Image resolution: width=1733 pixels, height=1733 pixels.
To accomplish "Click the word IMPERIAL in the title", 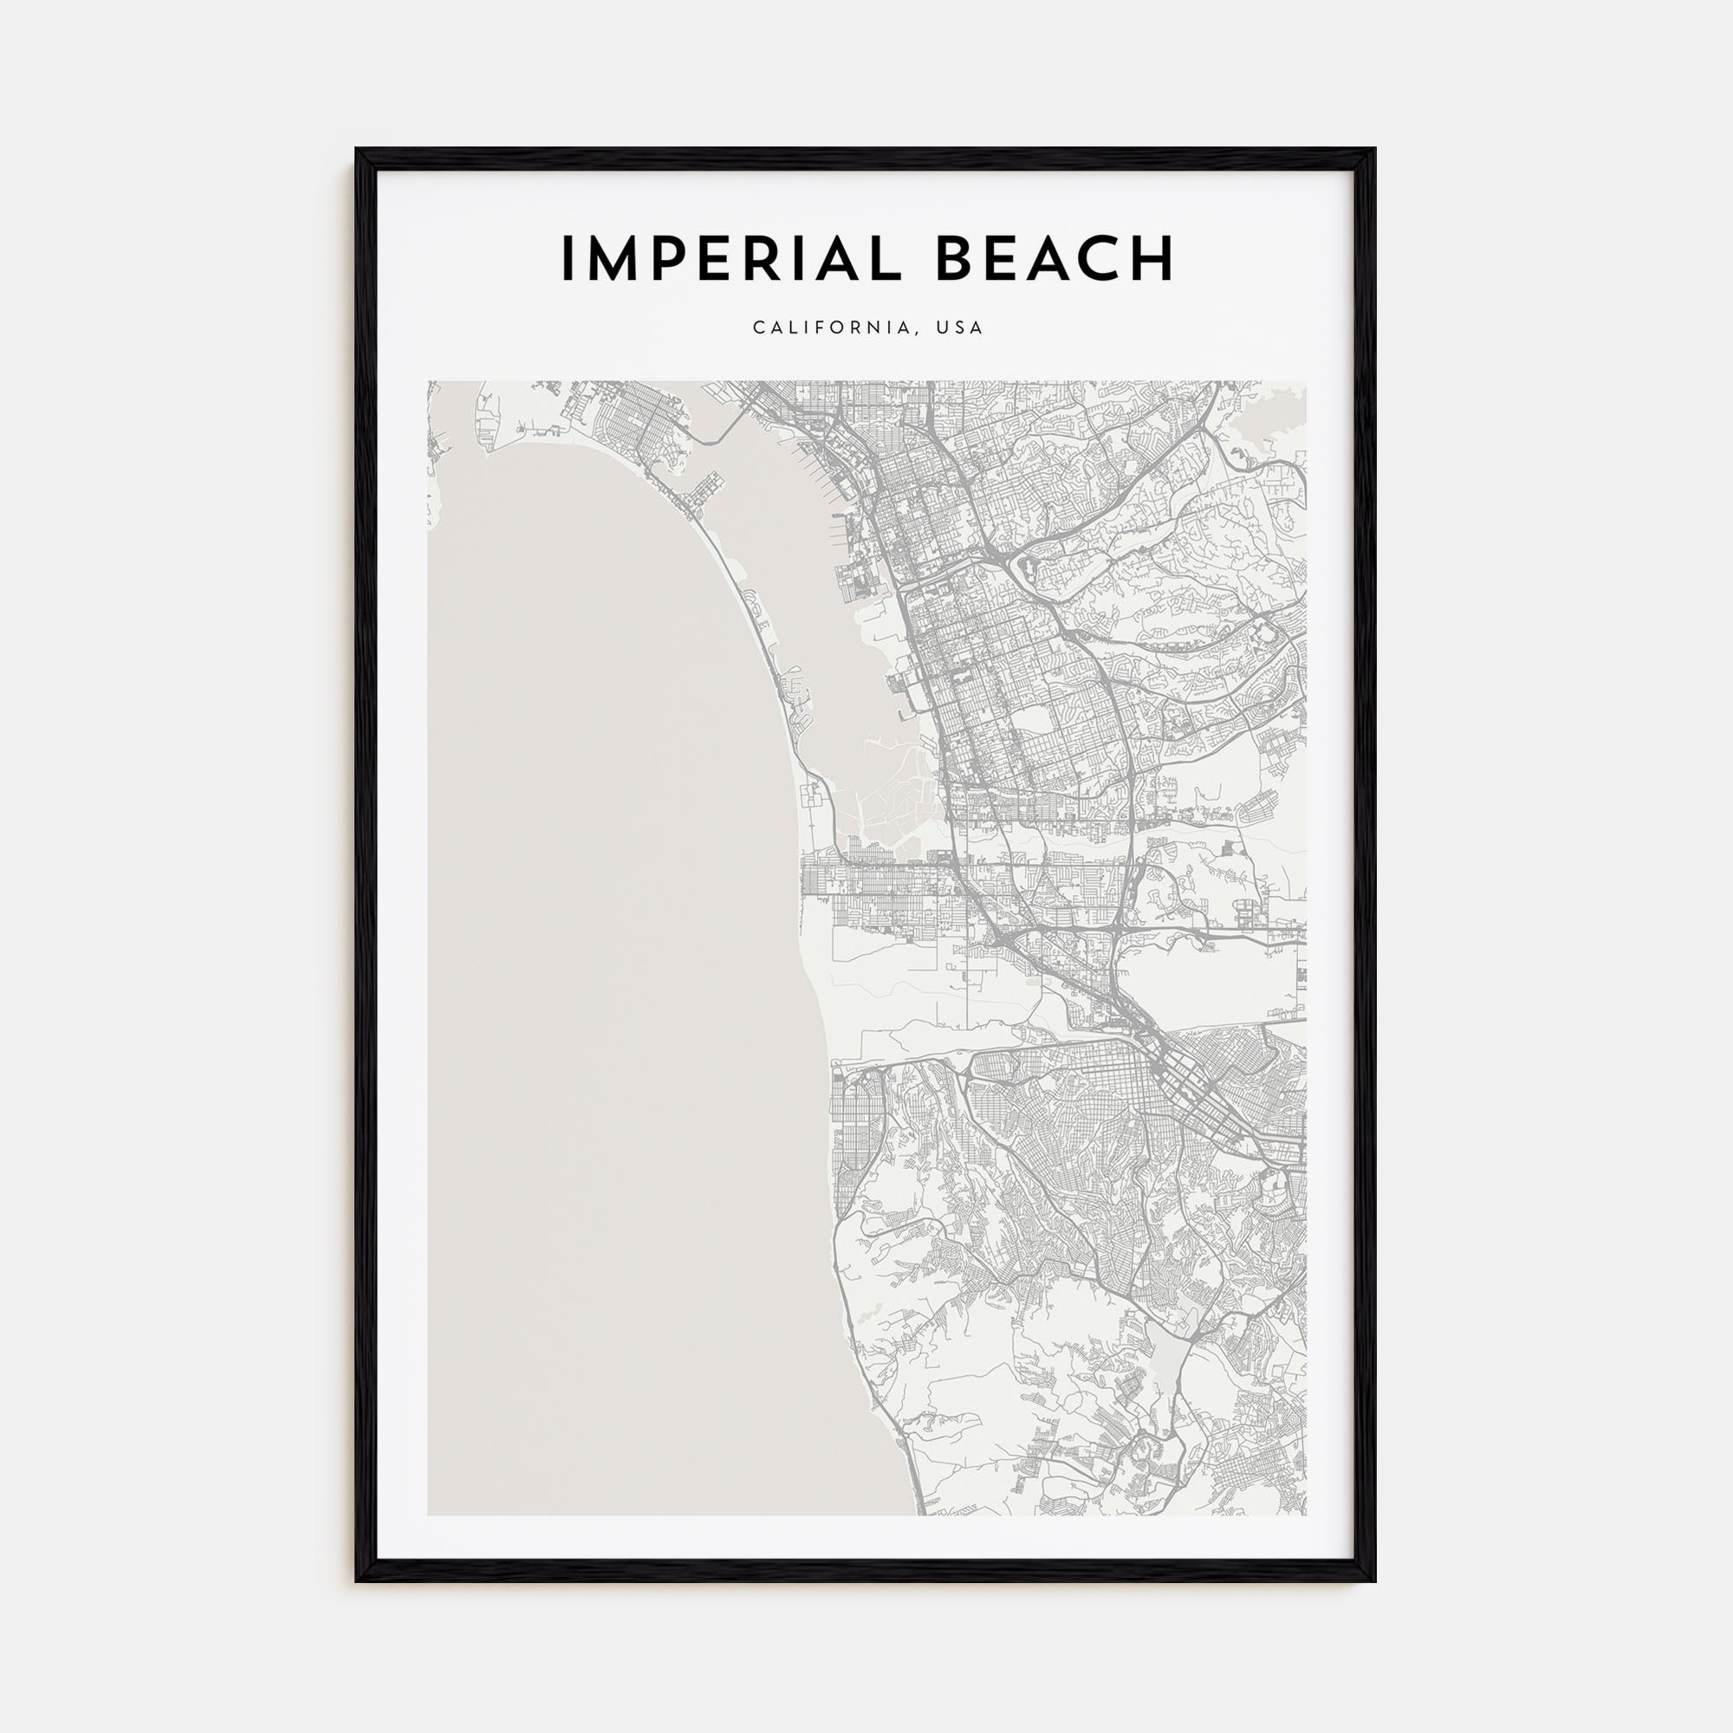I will click(724, 259).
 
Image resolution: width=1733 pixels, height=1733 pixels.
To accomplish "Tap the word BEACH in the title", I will click(1055, 259).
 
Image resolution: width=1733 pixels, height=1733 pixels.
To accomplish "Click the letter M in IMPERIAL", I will click(619, 259).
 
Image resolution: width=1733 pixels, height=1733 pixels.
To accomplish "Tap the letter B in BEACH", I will click(957, 259).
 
